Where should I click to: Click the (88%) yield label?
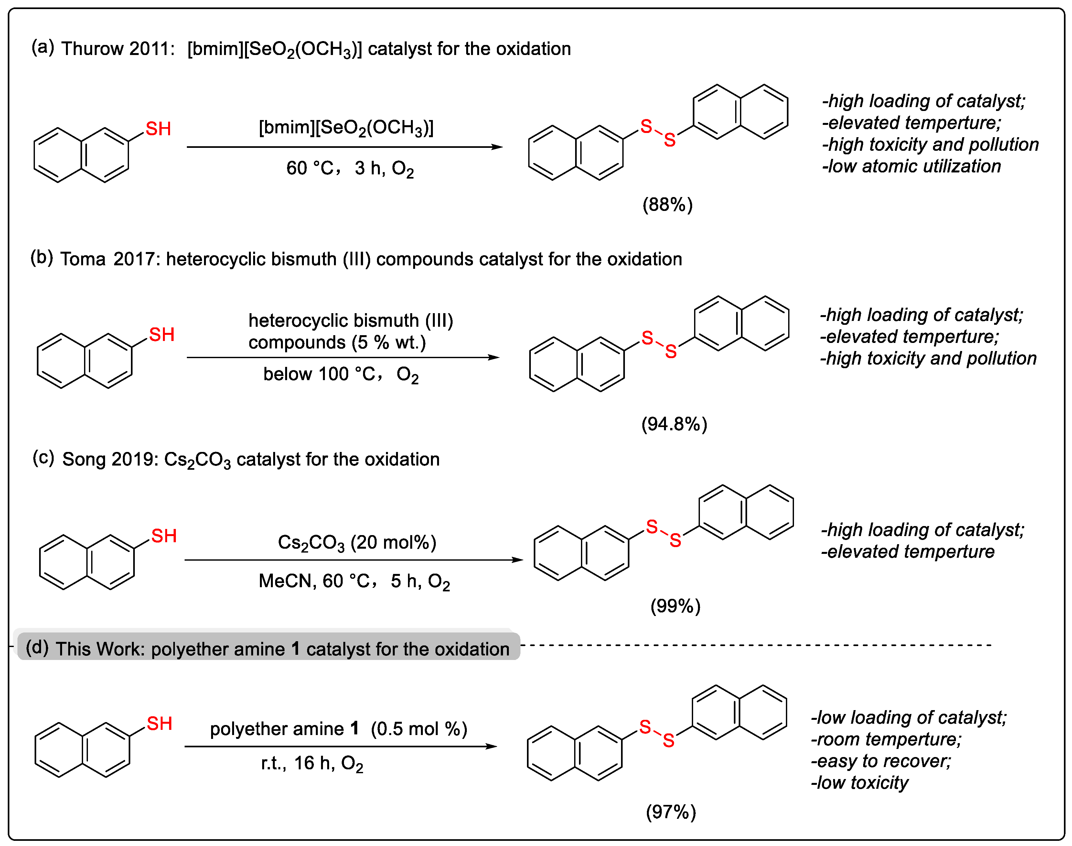pyautogui.click(x=667, y=204)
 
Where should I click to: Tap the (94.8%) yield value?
pyautogui.click(x=674, y=424)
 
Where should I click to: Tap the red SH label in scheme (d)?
pyautogui.click(x=159, y=724)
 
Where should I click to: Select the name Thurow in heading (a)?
pyautogui.click(x=91, y=49)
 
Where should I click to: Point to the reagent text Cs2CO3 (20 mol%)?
pyautogui.click(x=357, y=542)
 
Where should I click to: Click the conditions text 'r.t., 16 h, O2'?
pyautogui.click(x=312, y=763)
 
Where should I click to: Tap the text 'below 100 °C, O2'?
pyautogui.click(x=340, y=374)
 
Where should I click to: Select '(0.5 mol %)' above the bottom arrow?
pyautogui.click(x=419, y=729)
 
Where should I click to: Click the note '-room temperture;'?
pyautogui.click(x=886, y=739)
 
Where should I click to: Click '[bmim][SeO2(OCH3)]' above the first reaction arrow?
pyautogui.click(x=346, y=128)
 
